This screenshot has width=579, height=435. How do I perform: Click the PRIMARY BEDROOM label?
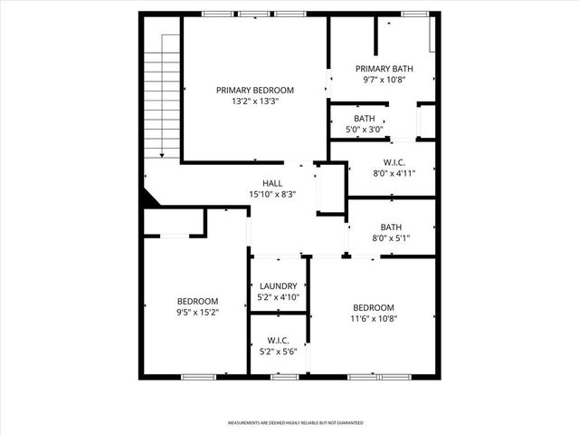pyautogui.click(x=255, y=90)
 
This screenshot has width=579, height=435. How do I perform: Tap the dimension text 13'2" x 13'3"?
pyautogui.click(x=255, y=101)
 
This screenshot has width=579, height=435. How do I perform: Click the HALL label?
pyautogui.click(x=272, y=182)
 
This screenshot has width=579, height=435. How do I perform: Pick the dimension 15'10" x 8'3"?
pyautogui.click(x=272, y=194)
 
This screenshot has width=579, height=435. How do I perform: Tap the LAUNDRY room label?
pyautogui.click(x=279, y=286)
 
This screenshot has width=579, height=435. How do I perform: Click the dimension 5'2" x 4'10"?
pyautogui.click(x=279, y=297)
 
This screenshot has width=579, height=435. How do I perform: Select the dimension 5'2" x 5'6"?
pyautogui.click(x=279, y=352)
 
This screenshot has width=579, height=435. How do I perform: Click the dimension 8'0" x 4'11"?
pyautogui.click(x=394, y=174)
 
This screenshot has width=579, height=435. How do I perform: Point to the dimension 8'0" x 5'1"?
pyautogui.click(x=391, y=239)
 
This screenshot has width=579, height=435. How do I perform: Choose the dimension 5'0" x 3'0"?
pyautogui.click(x=365, y=130)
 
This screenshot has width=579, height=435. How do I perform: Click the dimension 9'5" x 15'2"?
pyautogui.click(x=197, y=313)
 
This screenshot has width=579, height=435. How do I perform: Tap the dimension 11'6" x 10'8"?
pyautogui.click(x=374, y=318)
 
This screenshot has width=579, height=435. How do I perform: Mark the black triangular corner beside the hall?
pyautogui.click(x=148, y=197)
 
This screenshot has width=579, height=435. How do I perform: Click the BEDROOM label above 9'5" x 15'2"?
pyautogui.click(x=197, y=301)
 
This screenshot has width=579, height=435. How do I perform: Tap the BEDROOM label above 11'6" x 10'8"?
pyautogui.click(x=374, y=306)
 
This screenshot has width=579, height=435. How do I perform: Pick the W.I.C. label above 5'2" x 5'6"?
pyautogui.click(x=279, y=341)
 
